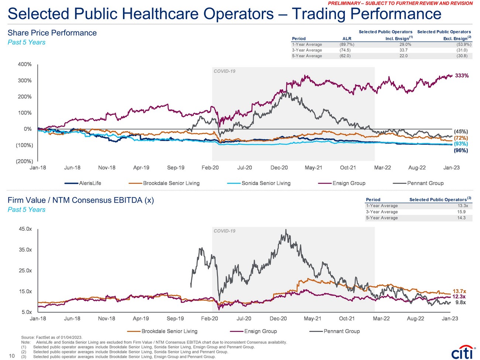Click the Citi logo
462,353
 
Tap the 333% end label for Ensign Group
462,76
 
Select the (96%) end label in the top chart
461,151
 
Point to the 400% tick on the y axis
25,64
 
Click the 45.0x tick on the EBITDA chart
25,229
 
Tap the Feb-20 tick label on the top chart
210,168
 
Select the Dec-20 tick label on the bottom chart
278,319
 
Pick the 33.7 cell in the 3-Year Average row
403,50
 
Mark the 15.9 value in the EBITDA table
462,212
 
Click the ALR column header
347,38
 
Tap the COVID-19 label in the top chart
224,71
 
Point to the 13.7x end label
459,291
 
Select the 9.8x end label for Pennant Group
460,302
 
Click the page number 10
11,356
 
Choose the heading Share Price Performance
52,33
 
